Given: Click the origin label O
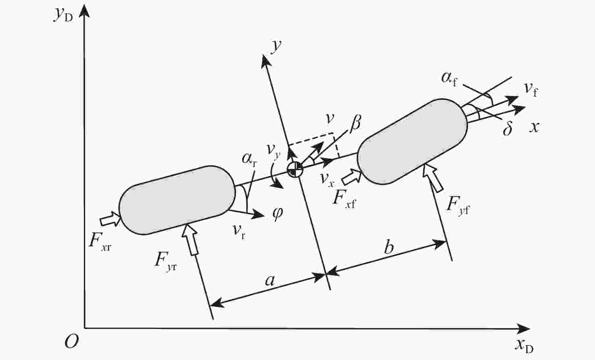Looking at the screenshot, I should pyautogui.click(x=71, y=342).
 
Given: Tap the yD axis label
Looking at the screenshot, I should pyautogui.click(x=63, y=15).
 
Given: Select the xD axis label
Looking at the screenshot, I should pyautogui.click(x=524, y=345).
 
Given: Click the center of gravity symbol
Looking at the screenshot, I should pyautogui.click(x=295, y=170).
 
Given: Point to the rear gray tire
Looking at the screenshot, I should pyautogui.click(x=177, y=200).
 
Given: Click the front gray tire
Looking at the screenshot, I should pyautogui.click(x=412, y=141).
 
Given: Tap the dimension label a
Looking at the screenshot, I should pyautogui.click(x=270, y=280).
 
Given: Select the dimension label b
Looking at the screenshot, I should pyautogui.click(x=389, y=247).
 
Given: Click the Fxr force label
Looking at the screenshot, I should pyautogui.click(x=100, y=241).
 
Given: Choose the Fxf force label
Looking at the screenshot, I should pyautogui.click(x=343, y=199).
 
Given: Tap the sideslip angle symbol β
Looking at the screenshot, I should pyautogui.click(x=355, y=123).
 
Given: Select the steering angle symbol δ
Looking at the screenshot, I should pyautogui.click(x=508, y=129).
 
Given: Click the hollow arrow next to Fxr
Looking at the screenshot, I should pyautogui.click(x=110, y=220).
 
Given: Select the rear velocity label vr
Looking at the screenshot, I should pyautogui.click(x=239, y=231).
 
